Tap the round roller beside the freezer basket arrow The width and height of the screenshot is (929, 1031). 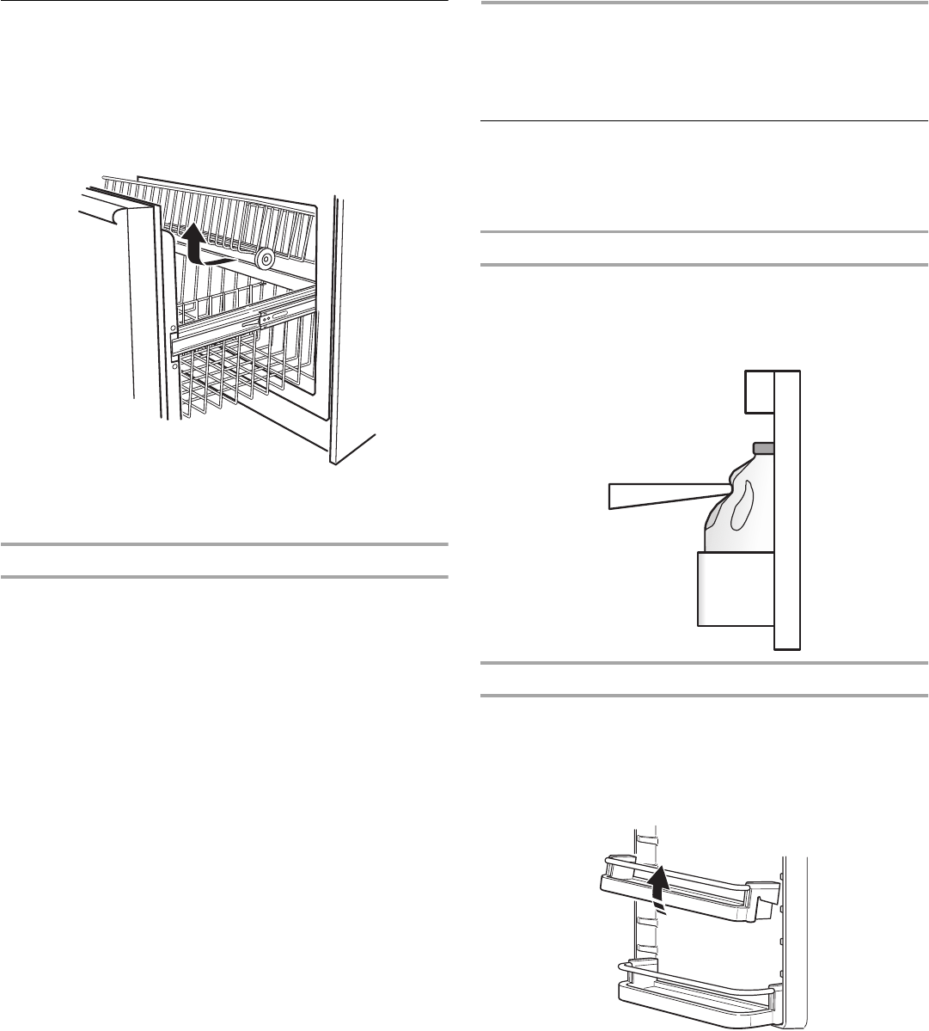click(266, 257)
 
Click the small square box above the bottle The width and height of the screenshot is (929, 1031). click(759, 392)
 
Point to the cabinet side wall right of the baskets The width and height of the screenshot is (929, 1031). click(339, 327)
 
